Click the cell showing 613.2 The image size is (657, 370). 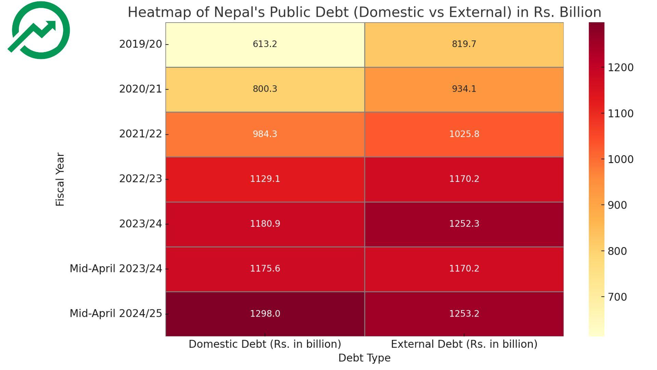pyautogui.click(x=265, y=44)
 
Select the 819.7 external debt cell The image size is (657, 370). pyautogui.click(x=464, y=44)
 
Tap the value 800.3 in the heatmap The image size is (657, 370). pyautogui.click(x=265, y=89)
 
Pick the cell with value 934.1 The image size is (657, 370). pyautogui.click(x=464, y=89)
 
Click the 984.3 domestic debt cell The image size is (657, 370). pyautogui.click(x=265, y=134)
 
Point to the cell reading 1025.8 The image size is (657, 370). pyautogui.click(x=464, y=134)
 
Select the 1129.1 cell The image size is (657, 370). pyautogui.click(x=265, y=179)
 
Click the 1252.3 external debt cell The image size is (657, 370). pyautogui.click(x=464, y=224)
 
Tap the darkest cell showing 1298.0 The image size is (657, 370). pyautogui.click(x=265, y=313)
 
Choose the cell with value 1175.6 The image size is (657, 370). pyautogui.click(x=265, y=269)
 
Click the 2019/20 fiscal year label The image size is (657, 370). pyautogui.click(x=140, y=44)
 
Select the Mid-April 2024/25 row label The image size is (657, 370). pyautogui.click(x=116, y=313)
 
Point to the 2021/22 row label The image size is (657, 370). pyautogui.click(x=140, y=134)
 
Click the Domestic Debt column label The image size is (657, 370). pyautogui.click(x=265, y=344)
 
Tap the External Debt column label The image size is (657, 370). pyautogui.click(x=464, y=344)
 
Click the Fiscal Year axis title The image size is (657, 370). pyautogui.click(x=60, y=179)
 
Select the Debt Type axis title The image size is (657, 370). pyautogui.click(x=364, y=358)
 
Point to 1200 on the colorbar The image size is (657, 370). pyautogui.click(x=620, y=67)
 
